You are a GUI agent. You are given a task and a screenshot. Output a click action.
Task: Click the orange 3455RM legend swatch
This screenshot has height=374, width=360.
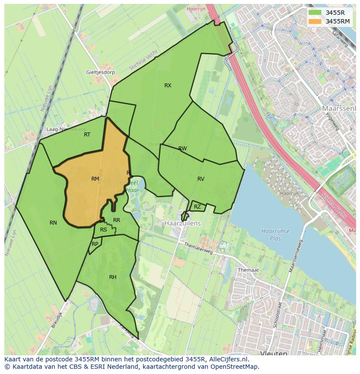[x=316, y=21]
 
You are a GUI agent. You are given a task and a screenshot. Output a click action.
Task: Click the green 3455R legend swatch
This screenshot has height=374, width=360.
[x=316, y=13]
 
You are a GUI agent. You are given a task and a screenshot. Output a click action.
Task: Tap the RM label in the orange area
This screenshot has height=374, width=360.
[x=95, y=179]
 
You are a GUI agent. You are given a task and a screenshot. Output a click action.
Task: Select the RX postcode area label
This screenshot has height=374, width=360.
[x=168, y=86]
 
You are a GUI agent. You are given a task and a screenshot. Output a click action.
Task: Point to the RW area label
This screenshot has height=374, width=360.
[x=183, y=149]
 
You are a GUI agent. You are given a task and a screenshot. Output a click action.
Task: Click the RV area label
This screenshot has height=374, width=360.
[x=201, y=179]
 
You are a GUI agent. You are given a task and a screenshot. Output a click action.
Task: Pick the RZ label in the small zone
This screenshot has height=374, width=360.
[x=197, y=207]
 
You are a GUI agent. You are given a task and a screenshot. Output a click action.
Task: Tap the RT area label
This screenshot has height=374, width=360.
[x=87, y=135]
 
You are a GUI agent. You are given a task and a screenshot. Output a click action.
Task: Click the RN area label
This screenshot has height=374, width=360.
[x=53, y=223]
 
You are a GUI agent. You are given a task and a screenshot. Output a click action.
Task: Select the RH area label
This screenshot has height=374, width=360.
[x=113, y=277]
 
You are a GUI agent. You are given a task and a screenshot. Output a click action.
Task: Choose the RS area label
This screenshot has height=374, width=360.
[x=103, y=230]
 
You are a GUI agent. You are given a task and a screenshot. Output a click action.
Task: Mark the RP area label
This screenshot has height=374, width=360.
[x=95, y=244]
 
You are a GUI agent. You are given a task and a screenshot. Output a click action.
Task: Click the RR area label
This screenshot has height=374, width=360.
[x=117, y=220]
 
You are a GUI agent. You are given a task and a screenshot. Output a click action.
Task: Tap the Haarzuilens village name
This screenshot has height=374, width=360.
[x=183, y=223]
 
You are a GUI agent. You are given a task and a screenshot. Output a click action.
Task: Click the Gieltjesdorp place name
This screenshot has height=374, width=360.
[x=100, y=73]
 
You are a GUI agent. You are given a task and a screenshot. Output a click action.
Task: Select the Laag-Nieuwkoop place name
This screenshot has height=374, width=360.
[x=67, y=129]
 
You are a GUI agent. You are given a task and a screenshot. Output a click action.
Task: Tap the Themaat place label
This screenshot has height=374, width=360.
[x=248, y=270]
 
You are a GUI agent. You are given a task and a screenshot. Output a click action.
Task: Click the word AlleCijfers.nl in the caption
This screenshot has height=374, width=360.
[x=227, y=359]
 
